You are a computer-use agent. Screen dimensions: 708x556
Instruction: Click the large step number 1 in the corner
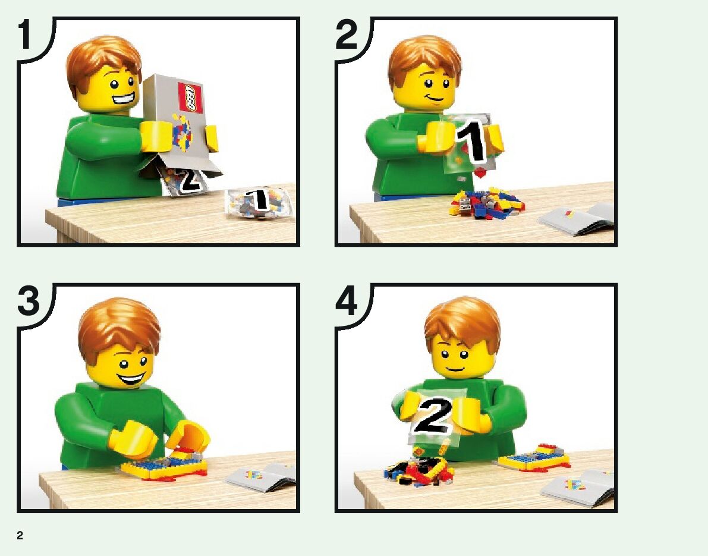(x=25, y=36)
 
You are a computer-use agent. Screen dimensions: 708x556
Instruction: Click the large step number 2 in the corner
(x=347, y=36)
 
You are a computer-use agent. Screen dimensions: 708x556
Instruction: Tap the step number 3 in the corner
(x=29, y=302)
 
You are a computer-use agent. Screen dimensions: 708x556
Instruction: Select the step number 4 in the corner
(x=347, y=302)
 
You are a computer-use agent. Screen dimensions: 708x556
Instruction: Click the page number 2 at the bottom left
(x=20, y=535)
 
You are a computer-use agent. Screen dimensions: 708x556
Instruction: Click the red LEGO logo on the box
(x=190, y=97)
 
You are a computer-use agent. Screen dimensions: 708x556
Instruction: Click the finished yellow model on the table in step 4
(x=534, y=457)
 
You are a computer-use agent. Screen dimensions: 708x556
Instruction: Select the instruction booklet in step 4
(x=577, y=488)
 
